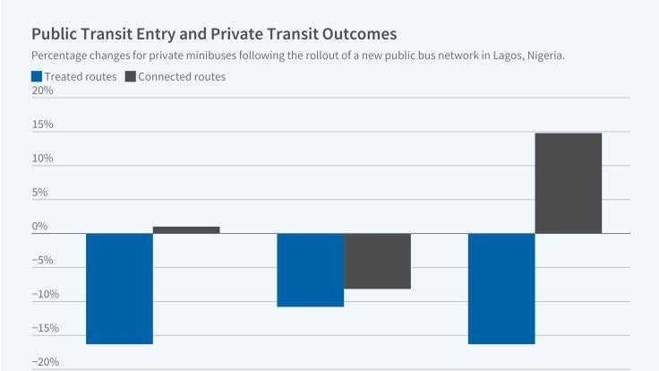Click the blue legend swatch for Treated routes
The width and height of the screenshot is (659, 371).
(x=36, y=76)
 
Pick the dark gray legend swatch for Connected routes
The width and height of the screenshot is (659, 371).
(x=130, y=76)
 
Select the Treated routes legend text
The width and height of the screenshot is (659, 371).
(x=81, y=76)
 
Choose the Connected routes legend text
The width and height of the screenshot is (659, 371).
(x=183, y=76)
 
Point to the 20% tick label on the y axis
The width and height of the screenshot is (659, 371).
(x=42, y=91)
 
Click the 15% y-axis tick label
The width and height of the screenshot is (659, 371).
(x=42, y=125)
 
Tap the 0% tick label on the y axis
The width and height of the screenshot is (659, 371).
(x=39, y=227)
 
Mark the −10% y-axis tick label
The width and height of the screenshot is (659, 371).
(x=44, y=295)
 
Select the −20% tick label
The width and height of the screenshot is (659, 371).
(x=44, y=362)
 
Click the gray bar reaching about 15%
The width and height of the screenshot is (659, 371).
(x=568, y=183)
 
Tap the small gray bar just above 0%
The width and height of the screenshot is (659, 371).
(x=186, y=229)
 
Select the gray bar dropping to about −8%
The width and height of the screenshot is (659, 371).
(x=377, y=261)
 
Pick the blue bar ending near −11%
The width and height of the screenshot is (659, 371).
(x=311, y=270)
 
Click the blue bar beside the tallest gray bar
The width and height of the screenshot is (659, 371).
(x=501, y=289)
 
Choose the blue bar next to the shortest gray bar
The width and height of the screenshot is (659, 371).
(x=119, y=289)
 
